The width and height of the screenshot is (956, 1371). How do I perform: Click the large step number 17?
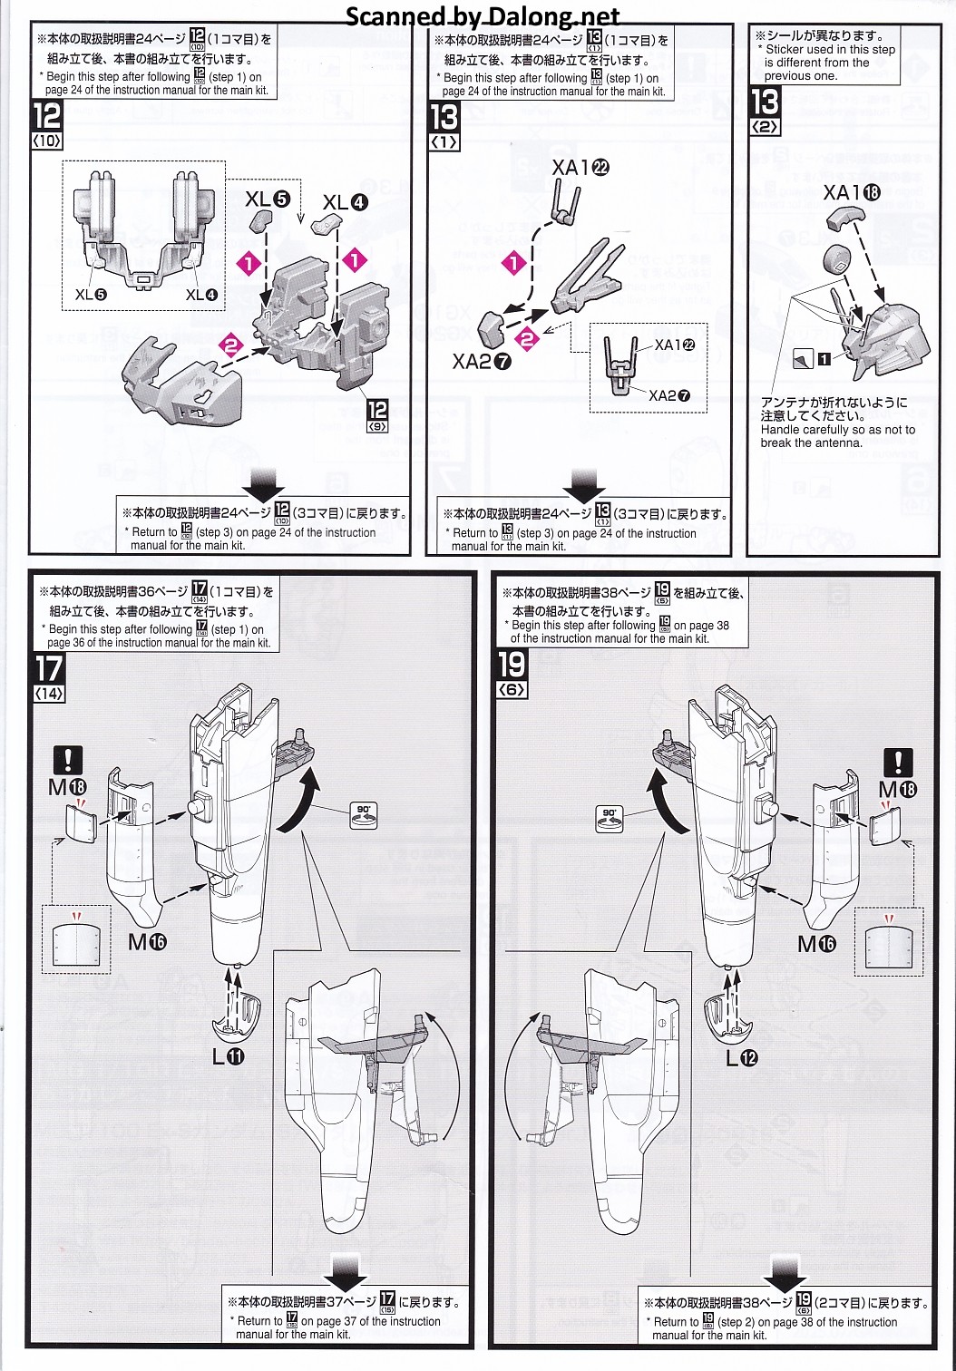pos(49,669)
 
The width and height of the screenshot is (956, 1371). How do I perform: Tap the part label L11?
pos(229,1056)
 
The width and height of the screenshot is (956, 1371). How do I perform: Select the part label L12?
pos(741,1057)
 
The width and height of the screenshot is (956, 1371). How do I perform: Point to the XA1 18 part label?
pos(851,192)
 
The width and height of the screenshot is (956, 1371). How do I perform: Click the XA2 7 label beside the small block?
pos(482,362)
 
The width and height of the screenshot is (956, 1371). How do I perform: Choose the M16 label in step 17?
pos(147,942)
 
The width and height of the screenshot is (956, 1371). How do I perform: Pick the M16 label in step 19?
pos(816,944)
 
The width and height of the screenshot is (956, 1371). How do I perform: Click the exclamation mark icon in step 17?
pos(68,760)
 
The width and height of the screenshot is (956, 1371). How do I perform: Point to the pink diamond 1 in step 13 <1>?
pos(514,264)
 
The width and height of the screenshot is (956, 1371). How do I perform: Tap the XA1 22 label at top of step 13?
pos(580,168)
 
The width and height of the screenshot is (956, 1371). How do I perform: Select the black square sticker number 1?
pos(824,359)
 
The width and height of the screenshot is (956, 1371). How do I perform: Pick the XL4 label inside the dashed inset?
pos(201,295)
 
